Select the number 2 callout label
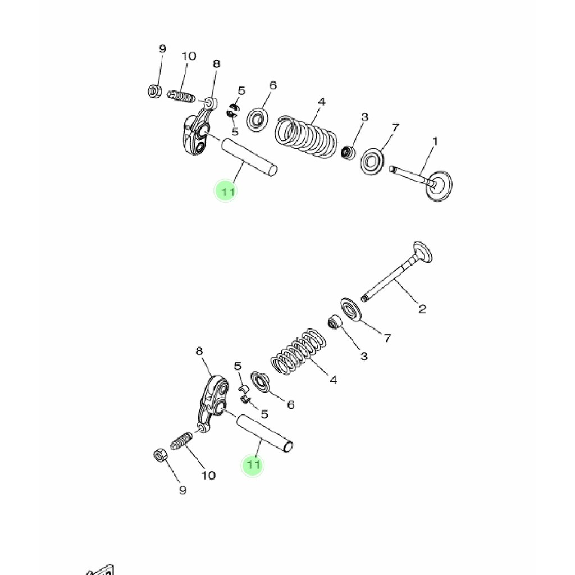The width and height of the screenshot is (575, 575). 422,308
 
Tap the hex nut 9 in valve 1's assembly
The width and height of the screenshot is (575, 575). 155,90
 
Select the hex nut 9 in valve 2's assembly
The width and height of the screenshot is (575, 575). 159,455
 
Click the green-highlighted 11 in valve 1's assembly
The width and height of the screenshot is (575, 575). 226,191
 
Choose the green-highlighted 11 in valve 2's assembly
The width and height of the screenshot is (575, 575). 253,465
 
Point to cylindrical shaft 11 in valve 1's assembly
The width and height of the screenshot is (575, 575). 249,157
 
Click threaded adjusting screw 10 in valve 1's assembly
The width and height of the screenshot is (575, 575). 181,96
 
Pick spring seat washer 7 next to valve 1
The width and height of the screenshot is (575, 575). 372,161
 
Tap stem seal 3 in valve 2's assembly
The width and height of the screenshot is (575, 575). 335,323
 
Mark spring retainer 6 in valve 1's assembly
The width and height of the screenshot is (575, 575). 258,118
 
